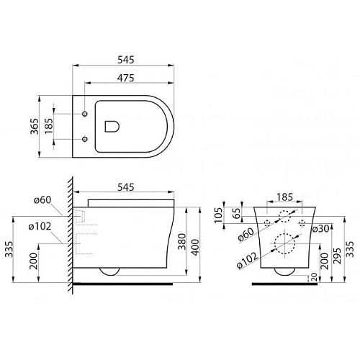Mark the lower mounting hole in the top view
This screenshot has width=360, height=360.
(x=86, y=138)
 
